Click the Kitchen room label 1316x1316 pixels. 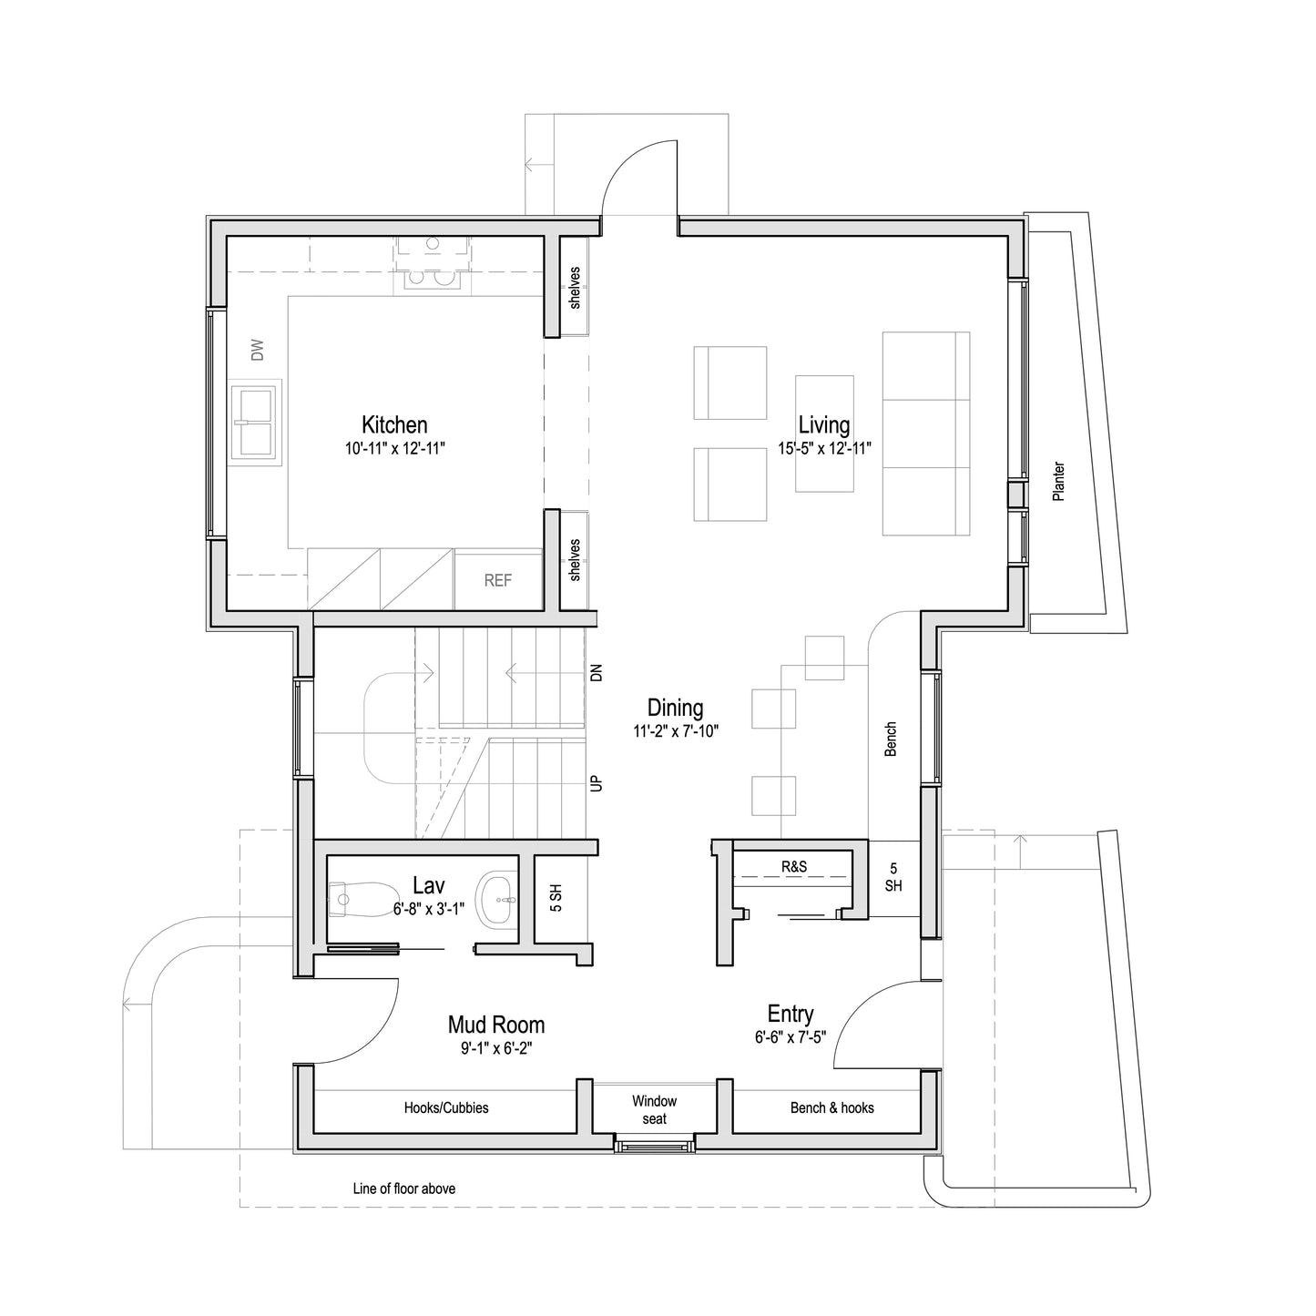pos(394,424)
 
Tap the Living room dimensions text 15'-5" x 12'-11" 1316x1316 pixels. pos(824,449)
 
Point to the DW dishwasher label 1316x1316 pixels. pos(258,350)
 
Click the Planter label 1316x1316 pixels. pos(1058,482)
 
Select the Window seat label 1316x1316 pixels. pos(654,1110)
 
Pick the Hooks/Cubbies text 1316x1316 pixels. pos(446,1107)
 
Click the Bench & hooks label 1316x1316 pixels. pos(831,1107)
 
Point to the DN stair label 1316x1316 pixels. pos(597,673)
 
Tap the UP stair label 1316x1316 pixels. pos(597,782)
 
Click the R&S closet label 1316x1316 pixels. pos(794,867)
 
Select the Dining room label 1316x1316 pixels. pos(675,708)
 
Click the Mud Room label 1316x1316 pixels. pos(495,1025)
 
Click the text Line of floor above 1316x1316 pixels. pos(404,1188)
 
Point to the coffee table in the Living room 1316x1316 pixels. pos(824,433)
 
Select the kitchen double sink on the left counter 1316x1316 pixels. pos(255,424)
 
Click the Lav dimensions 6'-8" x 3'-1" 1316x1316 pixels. pos(429,909)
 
